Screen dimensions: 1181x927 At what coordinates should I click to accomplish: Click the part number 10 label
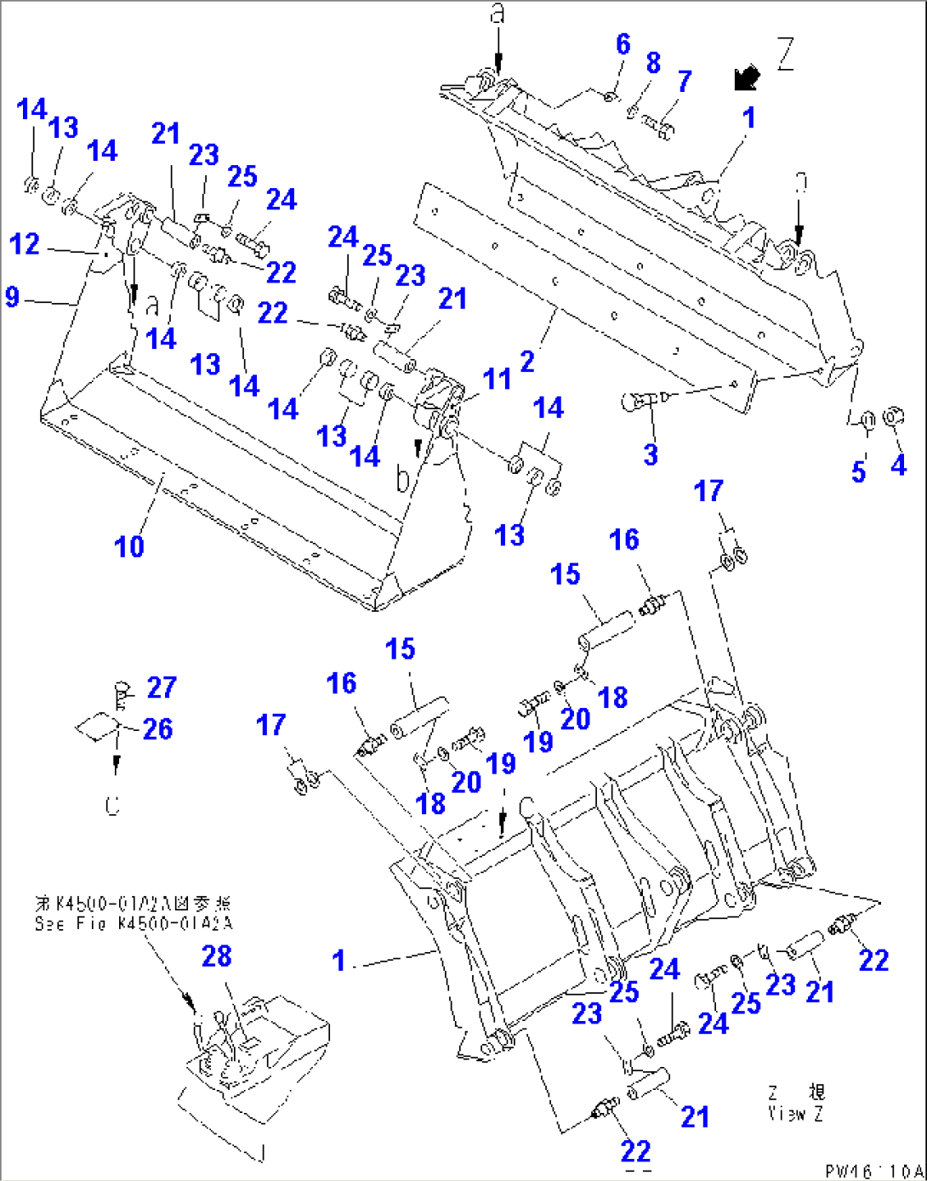tap(129, 546)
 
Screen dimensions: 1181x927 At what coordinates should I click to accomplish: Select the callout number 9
tap(12, 296)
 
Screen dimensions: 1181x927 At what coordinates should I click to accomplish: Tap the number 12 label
tap(25, 244)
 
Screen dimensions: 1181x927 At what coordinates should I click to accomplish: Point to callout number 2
tap(527, 361)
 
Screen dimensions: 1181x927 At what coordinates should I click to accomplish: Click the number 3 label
tap(651, 454)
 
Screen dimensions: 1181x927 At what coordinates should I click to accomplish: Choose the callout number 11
tap(498, 379)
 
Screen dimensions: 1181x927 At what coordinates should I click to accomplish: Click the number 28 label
tap(216, 956)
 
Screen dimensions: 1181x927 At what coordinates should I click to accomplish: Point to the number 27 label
tap(162, 687)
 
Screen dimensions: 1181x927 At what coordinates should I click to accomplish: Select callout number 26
tap(157, 728)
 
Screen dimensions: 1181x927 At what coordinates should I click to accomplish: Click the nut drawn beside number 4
tap(893, 417)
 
